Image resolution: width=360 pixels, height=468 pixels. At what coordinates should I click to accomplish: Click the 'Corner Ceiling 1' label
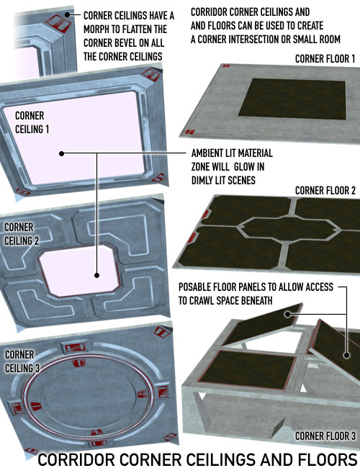click(32, 122)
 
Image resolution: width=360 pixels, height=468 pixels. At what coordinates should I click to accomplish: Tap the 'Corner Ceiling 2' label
click(22, 234)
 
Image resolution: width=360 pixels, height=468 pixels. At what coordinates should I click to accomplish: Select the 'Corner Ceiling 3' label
click(22, 361)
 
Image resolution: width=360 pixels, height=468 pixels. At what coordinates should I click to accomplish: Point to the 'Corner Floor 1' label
click(325, 59)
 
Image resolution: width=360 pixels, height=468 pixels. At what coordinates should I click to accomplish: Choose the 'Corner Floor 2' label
click(325, 190)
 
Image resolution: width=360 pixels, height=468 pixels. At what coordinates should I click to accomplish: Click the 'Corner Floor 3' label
click(325, 436)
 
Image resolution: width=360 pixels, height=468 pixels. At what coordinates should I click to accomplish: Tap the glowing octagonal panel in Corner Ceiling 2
click(79, 271)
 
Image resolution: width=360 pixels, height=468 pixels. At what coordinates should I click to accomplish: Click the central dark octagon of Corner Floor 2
click(289, 229)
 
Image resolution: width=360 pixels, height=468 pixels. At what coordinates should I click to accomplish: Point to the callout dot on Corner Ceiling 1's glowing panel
click(61, 153)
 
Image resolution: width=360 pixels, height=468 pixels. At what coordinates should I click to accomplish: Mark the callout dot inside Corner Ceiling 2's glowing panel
click(96, 275)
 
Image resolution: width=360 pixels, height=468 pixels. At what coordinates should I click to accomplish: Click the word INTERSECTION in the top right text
click(259, 39)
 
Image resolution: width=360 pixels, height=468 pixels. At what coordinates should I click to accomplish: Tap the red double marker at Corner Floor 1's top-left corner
click(226, 66)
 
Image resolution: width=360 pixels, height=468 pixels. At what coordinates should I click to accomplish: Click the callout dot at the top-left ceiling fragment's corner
click(68, 14)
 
